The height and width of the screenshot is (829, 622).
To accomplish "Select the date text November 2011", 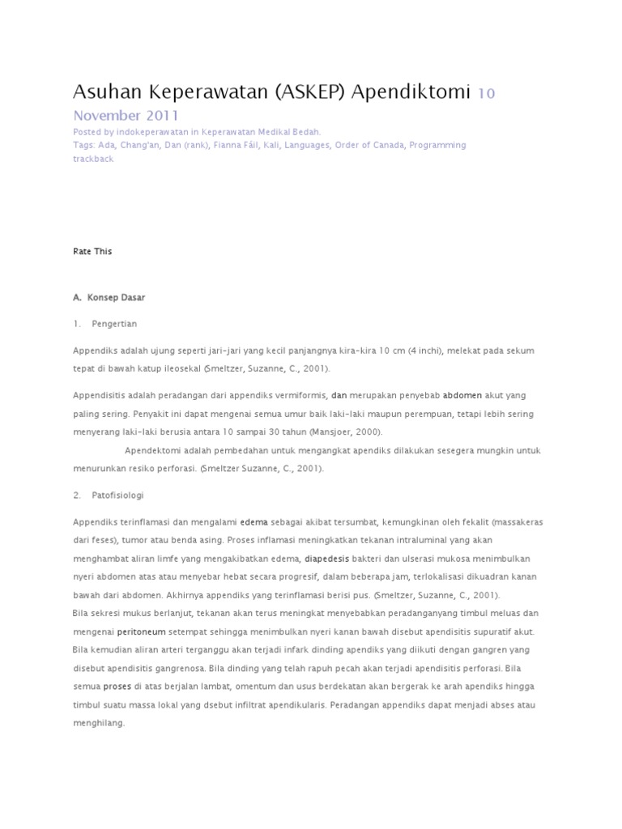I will [126, 115].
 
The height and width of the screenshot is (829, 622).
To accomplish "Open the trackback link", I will [93, 159].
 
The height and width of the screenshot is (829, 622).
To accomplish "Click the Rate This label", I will [92, 252].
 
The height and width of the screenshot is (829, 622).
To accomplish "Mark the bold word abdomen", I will [462, 396].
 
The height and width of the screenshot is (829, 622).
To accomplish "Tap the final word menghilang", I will [99, 723].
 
